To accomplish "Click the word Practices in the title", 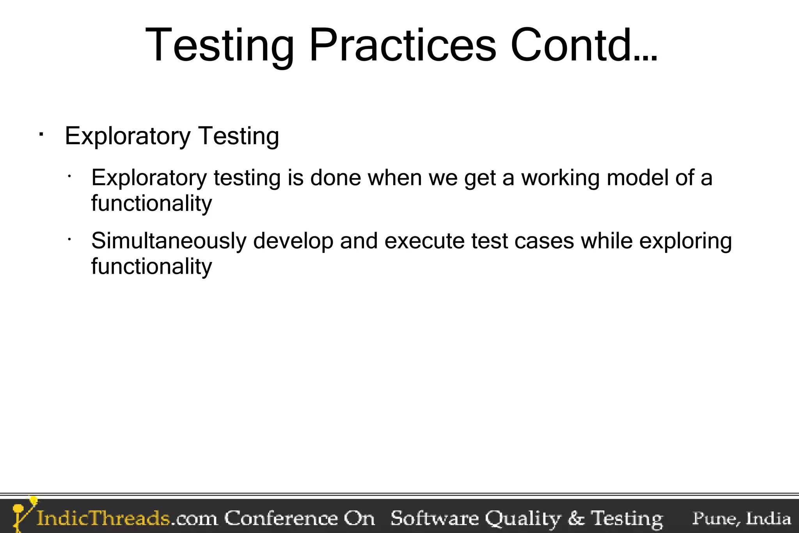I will point(402,46).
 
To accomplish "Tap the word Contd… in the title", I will point(584,46).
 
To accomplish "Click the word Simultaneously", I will point(169,241).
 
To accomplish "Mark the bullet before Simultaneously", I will point(69,239).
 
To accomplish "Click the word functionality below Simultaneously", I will point(151,267).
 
